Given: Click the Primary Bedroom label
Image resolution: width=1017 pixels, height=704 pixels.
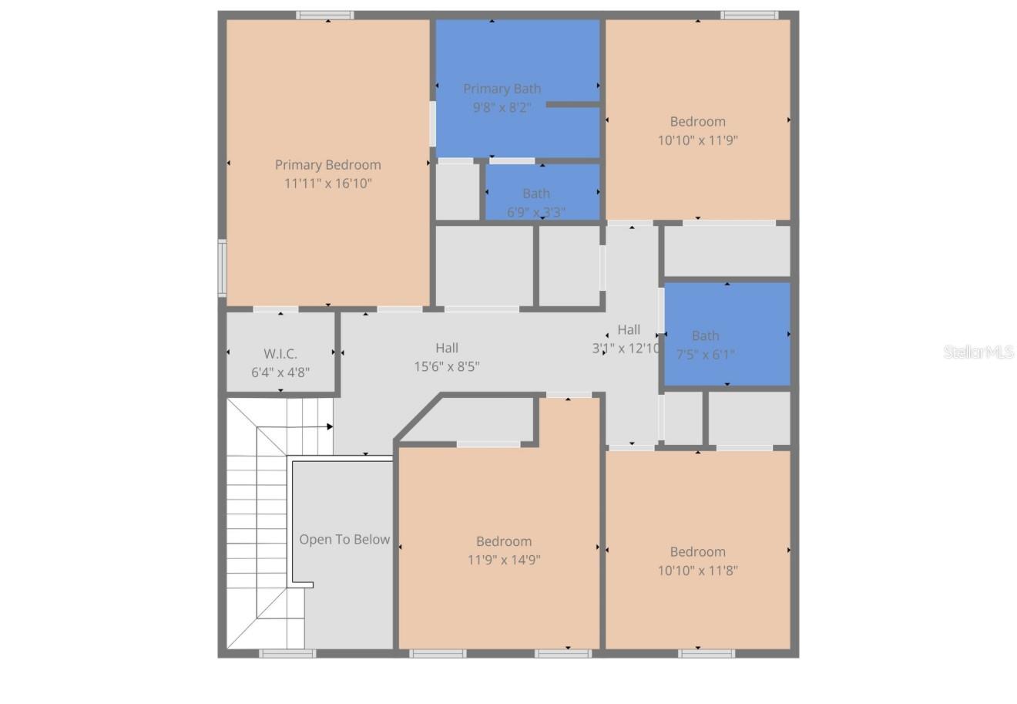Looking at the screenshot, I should (x=327, y=164).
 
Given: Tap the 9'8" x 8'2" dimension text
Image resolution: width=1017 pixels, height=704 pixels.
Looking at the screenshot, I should (x=502, y=108).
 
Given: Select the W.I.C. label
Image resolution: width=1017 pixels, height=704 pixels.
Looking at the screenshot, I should (x=280, y=354).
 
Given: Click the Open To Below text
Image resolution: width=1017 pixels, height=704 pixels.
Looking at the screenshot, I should (x=344, y=540).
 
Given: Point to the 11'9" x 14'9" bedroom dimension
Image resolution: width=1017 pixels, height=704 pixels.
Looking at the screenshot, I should (x=504, y=561).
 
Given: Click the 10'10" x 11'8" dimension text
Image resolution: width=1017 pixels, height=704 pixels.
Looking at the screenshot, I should (x=697, y=571).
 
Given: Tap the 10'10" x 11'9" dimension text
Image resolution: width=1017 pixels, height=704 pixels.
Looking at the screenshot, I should (x=697, y=140).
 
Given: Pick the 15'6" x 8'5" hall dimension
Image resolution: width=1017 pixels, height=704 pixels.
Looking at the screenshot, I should (x=447, y=367).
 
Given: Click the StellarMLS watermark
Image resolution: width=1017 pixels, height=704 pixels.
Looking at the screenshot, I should (x=978, y=352).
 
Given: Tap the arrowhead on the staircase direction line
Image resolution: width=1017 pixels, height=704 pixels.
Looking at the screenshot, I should (x=330, y=426).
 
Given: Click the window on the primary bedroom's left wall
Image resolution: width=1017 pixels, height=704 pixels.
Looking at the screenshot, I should (x=222, y=268).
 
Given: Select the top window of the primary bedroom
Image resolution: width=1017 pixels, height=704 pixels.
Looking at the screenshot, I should (x=325, y=15).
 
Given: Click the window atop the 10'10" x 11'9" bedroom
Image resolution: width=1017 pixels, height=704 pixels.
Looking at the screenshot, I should (x=749, y=15).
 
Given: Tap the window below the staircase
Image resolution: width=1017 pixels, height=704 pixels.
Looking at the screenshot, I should (x=287, y=654).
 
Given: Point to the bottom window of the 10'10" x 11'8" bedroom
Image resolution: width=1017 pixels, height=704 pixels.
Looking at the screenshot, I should (x=707, y=654).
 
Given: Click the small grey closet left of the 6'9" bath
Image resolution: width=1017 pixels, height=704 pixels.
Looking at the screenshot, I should (x=458, y=191).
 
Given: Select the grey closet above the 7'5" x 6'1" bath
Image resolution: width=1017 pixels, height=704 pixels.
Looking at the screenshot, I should (x=727, y=251).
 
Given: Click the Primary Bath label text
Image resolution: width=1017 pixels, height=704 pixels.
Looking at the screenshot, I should (x=502, y=89).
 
